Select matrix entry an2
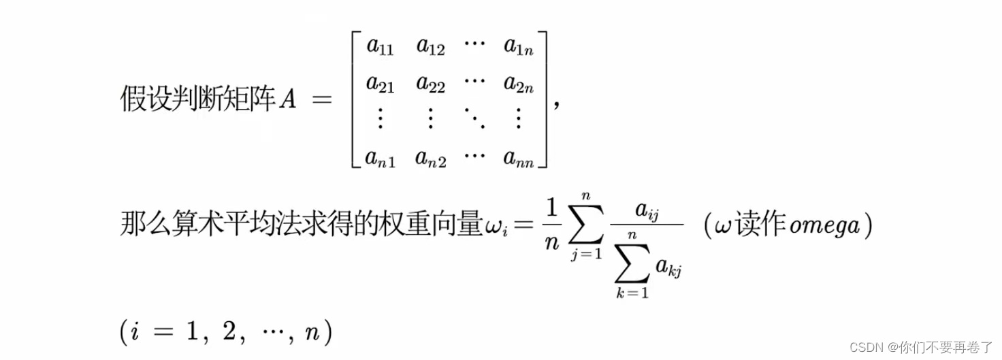pyautogui.click(x=432, y=158)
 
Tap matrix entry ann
pyautogui.click(x=519, y=158)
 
